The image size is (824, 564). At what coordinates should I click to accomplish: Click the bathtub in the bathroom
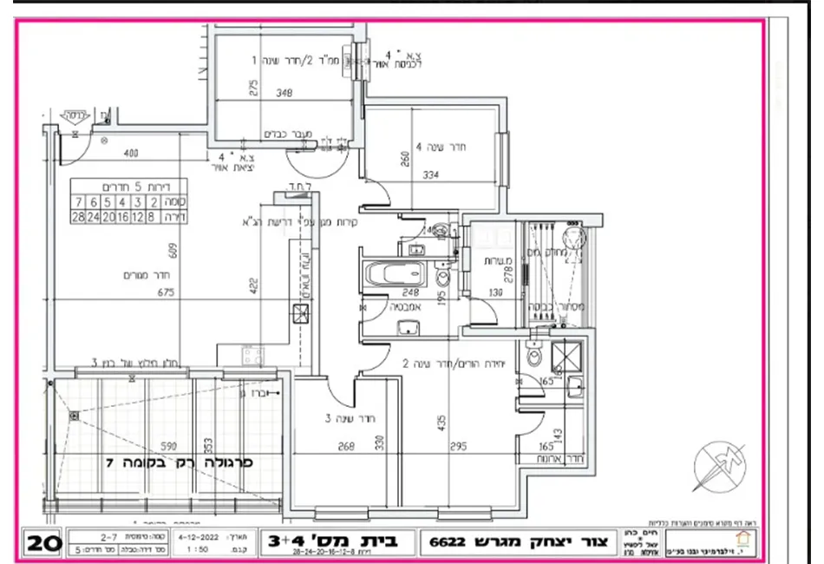[394, 277]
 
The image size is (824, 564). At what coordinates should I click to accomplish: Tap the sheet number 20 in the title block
[43, 543]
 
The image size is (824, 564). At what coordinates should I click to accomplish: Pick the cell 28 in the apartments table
[79, 217]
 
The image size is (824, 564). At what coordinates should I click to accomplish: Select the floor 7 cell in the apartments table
[79, 202]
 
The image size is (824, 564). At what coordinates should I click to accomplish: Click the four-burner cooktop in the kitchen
[252, 354]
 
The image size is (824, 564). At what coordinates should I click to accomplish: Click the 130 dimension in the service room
[495, 292]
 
